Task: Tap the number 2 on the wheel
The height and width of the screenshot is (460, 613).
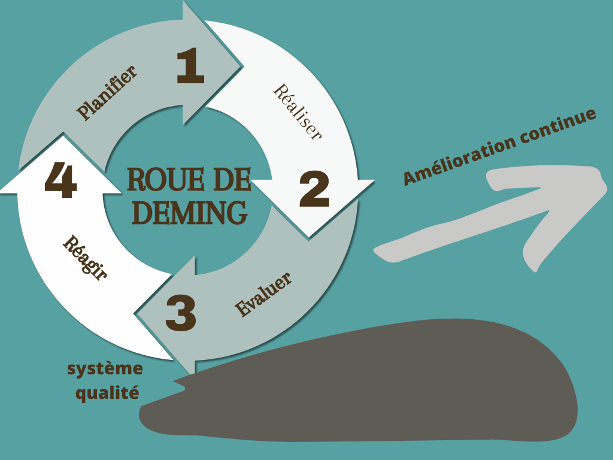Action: (314, 189)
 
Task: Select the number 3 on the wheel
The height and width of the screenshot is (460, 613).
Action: (181, 314)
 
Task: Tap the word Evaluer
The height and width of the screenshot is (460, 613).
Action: (263, 295)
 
